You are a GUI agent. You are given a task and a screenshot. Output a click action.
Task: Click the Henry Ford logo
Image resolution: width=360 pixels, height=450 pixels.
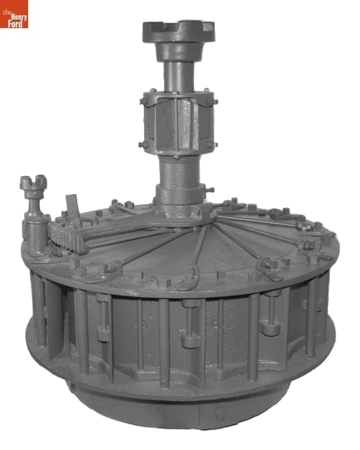14,14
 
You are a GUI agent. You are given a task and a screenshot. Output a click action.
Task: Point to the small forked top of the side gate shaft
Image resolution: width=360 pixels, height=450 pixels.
33,183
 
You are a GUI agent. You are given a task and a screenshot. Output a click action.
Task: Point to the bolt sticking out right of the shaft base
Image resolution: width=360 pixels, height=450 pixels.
209,190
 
